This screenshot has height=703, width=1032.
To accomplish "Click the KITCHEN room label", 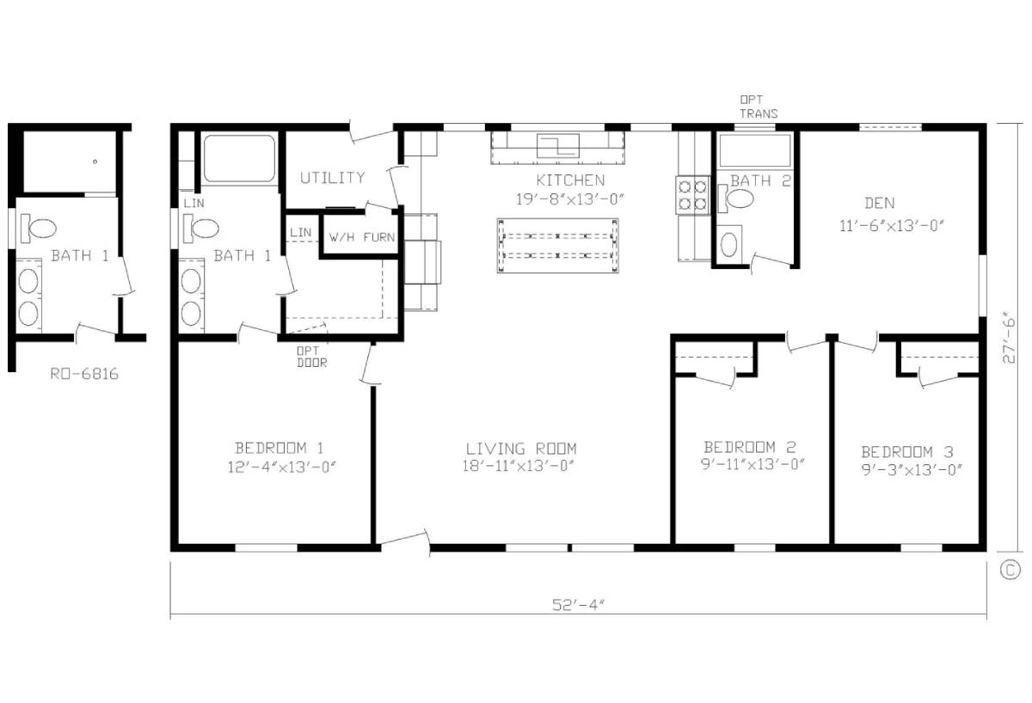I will pyautogui.click(x=570, y=180).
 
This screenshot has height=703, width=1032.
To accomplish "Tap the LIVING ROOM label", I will pyautogui.click(x=521, y=449).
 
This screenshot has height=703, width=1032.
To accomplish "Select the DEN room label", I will pyautogui.click(x=879, y=204).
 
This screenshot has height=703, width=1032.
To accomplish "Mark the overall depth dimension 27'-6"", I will pyautogui.click(x=1009, y=338).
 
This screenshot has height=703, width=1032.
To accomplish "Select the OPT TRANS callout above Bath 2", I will pyautogui.click(x=759, y=107).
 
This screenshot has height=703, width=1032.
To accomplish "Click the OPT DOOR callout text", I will pyautogui.click(x=311, y=357).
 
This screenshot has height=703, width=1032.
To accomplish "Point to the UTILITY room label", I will pyautogui.click(x=332, y=178).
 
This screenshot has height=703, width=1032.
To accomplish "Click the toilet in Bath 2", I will pyautogui.click(x=739, y=199).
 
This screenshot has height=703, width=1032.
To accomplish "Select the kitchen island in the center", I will pyautogui.click(x=557, y=246).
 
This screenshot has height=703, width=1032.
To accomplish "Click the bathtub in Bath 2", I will pyautogui.click(x=753, y=151).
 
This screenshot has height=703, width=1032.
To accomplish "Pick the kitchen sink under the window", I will pyautogui.click(x=558, y=145).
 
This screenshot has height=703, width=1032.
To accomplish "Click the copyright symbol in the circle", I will pyautogui.click(x=1010, y=569).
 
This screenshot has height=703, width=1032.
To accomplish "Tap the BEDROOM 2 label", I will pyautogui.click(x=749, y=447).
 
